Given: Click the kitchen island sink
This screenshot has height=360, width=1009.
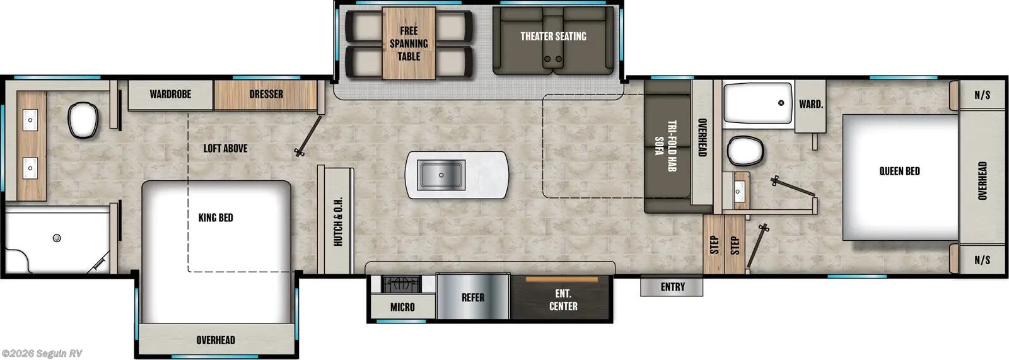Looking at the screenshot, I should point(441,175).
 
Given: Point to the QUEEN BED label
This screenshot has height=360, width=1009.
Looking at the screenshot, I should point(899,171).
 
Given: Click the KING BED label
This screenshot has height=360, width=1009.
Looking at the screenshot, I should point(216,218).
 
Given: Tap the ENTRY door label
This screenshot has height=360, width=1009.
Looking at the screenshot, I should point(672,287).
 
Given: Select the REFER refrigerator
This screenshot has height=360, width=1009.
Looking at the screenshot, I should point(473,298).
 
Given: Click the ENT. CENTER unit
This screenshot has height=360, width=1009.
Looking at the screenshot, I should point(563,299).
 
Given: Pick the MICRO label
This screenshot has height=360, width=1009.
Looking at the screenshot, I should point(402,307).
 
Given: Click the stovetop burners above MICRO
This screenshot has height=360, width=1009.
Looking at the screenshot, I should point(401,284).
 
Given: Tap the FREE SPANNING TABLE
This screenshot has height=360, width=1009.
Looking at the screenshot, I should point(409,44).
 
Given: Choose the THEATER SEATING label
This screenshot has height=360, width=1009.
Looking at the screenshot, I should point(553,37).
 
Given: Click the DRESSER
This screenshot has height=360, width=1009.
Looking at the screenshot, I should point(265,95).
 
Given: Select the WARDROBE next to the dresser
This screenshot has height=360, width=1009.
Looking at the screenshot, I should point(170,95).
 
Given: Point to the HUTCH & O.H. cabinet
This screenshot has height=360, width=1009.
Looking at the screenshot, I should point(338,221).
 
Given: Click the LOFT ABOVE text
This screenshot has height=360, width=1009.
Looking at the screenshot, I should point(225,149).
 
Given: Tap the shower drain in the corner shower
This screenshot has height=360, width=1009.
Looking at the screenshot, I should point(57,238).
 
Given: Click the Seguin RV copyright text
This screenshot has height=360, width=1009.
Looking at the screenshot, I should point(42,354).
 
